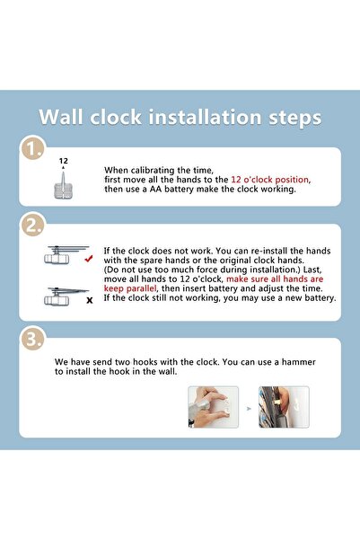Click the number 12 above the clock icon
[63, 162]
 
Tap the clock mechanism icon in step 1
[63, 185]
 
